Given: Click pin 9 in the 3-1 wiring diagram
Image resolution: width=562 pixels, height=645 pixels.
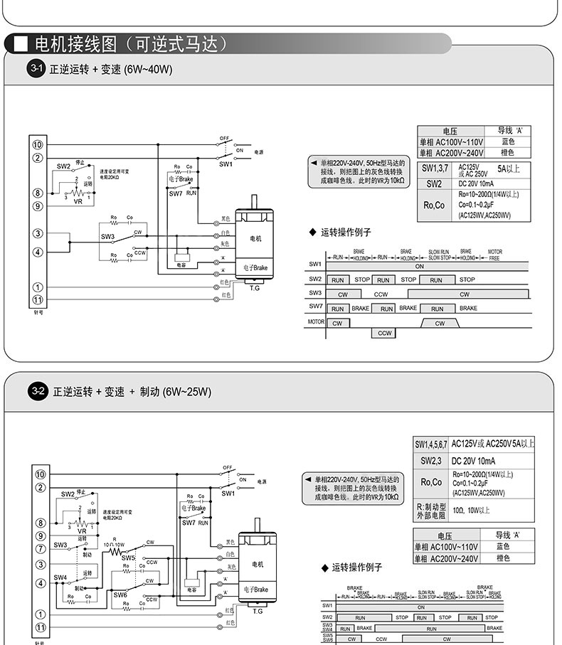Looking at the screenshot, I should pyautogui.click(x=38, y=206).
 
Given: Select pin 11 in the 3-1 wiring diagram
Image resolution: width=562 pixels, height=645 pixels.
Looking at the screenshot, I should pyautogui.click(x=38, y=299).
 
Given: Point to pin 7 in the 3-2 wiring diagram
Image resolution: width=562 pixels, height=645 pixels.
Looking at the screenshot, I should pyautogui.click(x=41, y=548).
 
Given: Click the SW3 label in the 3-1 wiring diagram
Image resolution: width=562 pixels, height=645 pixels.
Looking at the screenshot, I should pyautogui.click(x=107, y=237).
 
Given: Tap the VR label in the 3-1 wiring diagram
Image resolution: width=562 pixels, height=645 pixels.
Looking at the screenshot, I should pyautogui.click(x=78, y=202).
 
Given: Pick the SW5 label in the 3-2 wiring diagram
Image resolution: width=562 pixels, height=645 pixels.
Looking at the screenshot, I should pyautogui.click(x=128, y=558).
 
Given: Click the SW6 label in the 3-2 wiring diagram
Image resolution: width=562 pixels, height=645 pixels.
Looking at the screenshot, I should pyautogui.click(x=120, y=595).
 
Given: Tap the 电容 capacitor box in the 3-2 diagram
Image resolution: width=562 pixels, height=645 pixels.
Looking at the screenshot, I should pyautogui.click(x=191, y=590).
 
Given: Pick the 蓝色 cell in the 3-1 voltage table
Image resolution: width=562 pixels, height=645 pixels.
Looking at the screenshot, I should pyautogui.click(x=507, y=142).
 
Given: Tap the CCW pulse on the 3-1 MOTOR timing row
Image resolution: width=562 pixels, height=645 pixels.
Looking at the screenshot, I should pyautogui.click(x=385, y=333).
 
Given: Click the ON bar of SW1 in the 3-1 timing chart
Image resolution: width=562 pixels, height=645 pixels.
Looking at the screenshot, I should pyautogui.click(x=420, y=265).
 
